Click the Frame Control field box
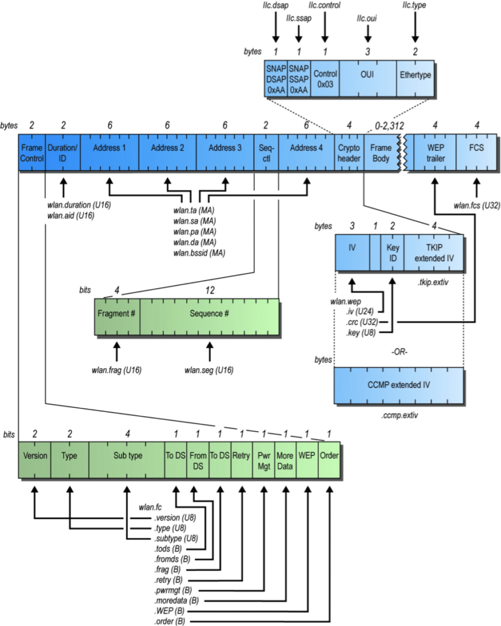(x=32, y=153)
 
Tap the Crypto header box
(x=349, y=153)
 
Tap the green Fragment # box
(x=117, y=317)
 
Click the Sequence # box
(x=210, y=317)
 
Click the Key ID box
(x=392, y=251)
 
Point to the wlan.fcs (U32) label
(x=477, y=205)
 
